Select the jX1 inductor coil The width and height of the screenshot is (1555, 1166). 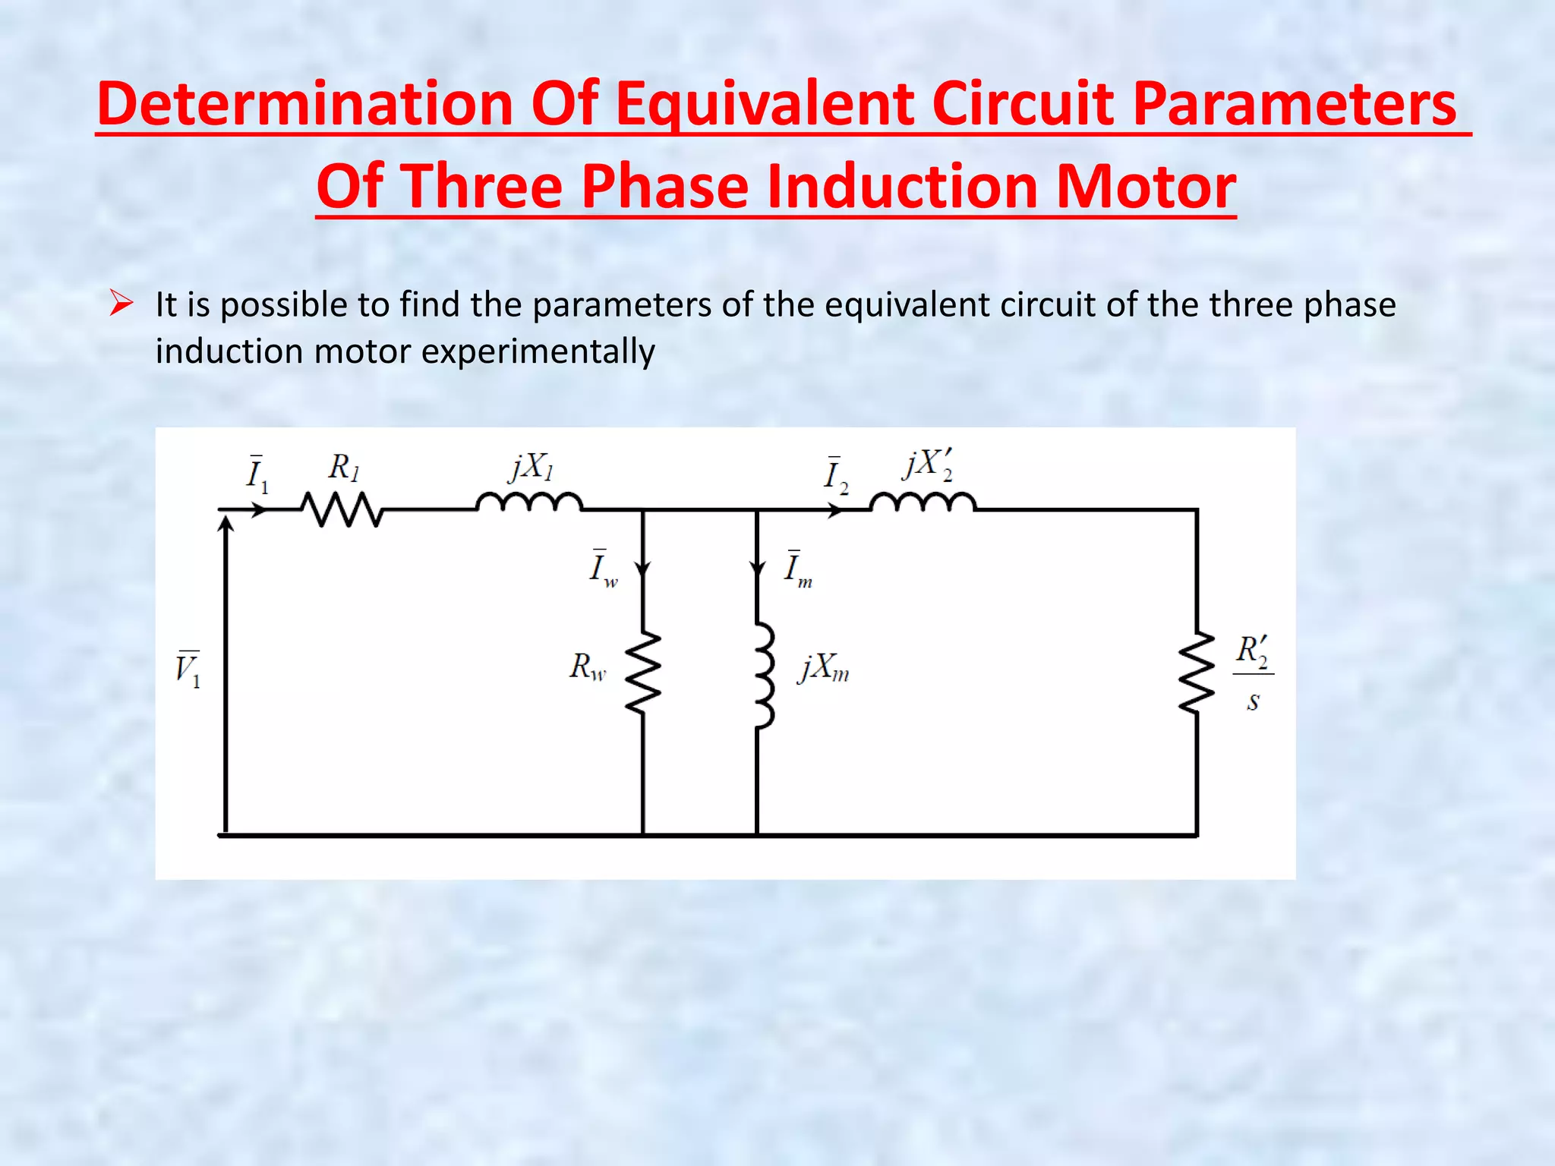point(529,503)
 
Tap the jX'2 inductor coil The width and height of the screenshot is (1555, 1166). point(923,503)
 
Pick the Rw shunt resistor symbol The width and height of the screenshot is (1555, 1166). point(643,673)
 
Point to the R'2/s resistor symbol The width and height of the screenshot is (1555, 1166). point(1197,673)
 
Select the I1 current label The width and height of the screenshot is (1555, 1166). point(257,474)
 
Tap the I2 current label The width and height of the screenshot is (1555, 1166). point(836,476)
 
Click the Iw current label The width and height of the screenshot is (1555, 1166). point(603,569)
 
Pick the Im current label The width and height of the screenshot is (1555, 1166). point(797,569)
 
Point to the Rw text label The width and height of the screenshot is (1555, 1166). point(588,667)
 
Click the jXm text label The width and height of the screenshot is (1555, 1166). point(824,669)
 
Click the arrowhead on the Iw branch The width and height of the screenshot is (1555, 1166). point(643,569)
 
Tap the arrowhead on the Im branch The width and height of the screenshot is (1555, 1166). point(757,569)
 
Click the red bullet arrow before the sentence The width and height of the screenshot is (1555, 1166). point(121,304)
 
